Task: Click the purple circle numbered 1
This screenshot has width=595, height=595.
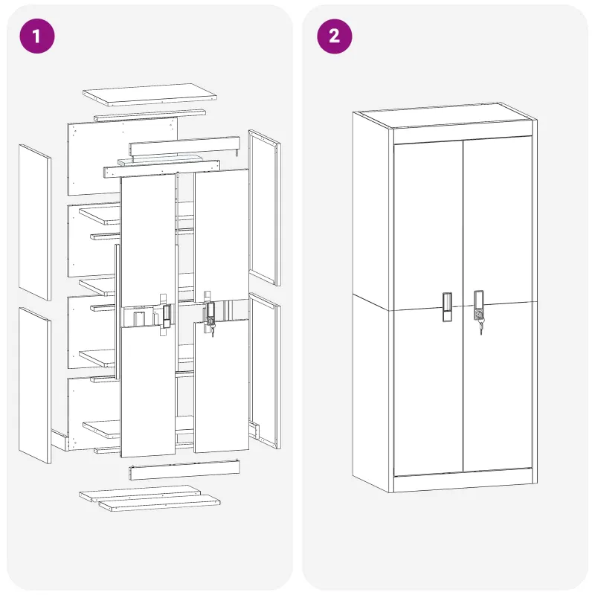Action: [x=36, y=36]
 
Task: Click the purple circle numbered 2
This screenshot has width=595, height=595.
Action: [x=334, y=36]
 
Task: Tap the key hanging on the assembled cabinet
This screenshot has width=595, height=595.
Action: [x=481, y=327]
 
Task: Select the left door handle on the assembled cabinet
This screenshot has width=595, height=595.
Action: [x=448, y=307]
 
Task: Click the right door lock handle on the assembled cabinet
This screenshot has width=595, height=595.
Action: [x=478, y=305]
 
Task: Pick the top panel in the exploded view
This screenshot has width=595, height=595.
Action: [x=149, y=94]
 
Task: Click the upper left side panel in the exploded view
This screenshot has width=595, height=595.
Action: [x=35, y=222]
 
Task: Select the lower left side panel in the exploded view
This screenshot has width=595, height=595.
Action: [x=35, y=385]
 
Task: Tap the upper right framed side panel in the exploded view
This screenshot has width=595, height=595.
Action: [x=265, y=208]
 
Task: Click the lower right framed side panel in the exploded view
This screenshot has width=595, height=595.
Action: [x=265, y=370]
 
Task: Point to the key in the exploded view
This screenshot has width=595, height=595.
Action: [x=212, y=329]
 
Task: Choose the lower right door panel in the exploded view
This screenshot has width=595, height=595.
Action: [x=222, y=386]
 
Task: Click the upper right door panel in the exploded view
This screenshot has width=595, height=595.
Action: [x=222, y=235]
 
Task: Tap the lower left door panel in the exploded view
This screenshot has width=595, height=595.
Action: [x=147, y=392]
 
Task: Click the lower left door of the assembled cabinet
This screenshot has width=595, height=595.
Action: [x=428, y=391]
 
